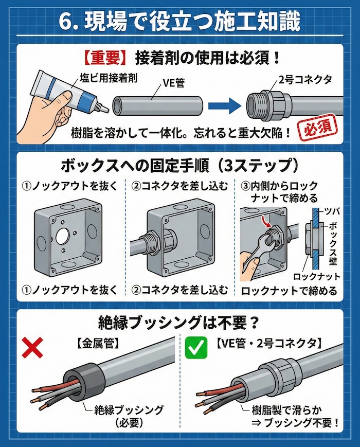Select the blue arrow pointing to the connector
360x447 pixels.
click(225, 106)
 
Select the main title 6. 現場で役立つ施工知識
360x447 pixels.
click(179, 22)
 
